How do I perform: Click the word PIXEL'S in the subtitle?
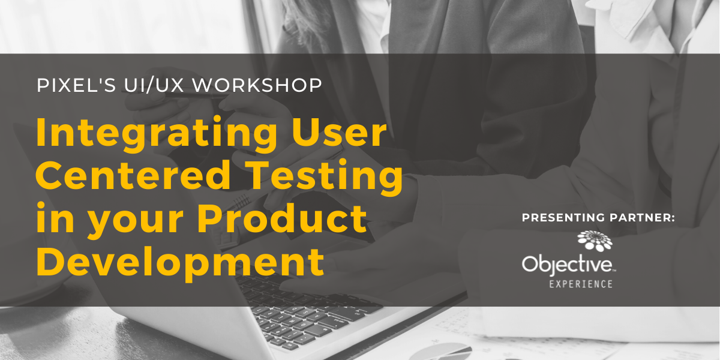coord(76,85)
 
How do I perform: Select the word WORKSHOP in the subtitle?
coord(257,85)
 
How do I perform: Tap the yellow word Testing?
coord(325,178)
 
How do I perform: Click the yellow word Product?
coord(282,218)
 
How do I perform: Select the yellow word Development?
coord(181,263)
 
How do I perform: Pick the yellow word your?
coord(136,223)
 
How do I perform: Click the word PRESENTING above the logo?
coord(564,218)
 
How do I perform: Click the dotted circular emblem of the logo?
coord(595,241)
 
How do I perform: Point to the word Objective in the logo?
coord(568,265)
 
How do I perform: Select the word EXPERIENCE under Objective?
coord(581,284)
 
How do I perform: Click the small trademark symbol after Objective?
coord(614,271)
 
